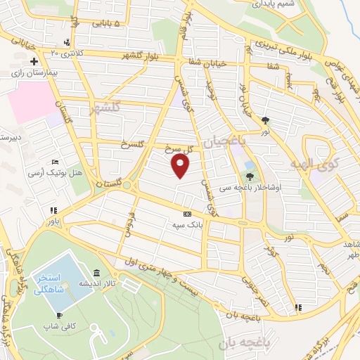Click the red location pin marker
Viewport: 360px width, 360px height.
click(x=181, y=166)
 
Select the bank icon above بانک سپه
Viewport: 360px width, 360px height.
click(x=186, y=214)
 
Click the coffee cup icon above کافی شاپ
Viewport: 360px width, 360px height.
click(x=59, y=314)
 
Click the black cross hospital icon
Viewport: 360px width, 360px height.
click(x=33, y=62)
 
